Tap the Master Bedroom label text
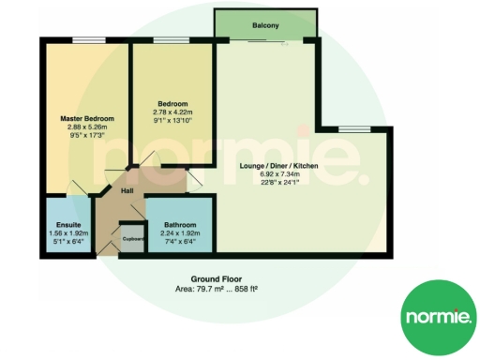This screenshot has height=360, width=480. [x=86, y=119]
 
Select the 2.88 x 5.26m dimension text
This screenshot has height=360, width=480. [x=86, y=127]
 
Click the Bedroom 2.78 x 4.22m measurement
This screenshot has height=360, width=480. [x=174, y=112]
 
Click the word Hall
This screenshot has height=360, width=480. [x=127, y=190]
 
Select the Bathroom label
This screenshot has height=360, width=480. [x=179, y=225]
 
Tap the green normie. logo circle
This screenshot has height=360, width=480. [x=437, y=317]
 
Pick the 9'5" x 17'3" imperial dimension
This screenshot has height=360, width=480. [x=86, y=136]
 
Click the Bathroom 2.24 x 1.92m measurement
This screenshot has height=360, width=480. [x=179, y=233]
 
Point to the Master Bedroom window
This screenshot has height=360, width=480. [x=89, y=39]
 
